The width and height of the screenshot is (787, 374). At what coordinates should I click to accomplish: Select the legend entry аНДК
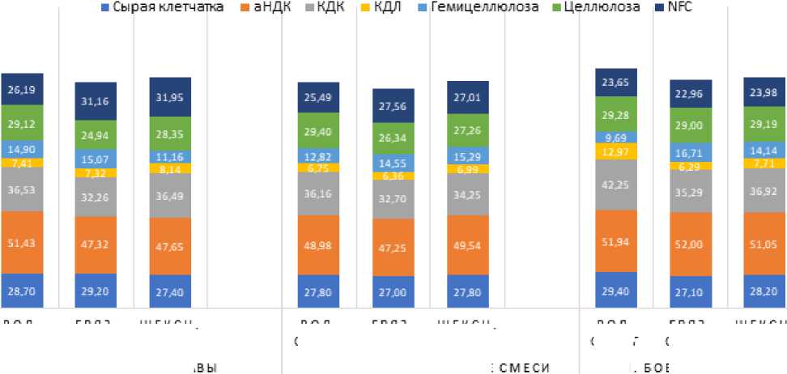coord(268,7)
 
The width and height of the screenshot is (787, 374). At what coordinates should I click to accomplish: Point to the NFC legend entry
coord(674,7)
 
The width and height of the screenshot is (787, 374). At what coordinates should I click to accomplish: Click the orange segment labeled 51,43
coord(22,244)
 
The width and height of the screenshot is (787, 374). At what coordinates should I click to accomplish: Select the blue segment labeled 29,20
coord(96,291)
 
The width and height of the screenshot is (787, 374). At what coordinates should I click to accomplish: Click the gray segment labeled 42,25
coord(617,185)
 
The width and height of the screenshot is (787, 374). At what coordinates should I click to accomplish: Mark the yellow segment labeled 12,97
coord(617,151)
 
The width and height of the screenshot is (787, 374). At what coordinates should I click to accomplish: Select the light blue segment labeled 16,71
coord(691,151)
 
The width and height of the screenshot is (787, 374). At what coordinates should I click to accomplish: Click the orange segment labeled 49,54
coord(467,244)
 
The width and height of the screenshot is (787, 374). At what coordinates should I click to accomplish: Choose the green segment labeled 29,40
coord(319,130)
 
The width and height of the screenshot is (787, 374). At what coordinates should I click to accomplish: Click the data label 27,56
coord(393,105)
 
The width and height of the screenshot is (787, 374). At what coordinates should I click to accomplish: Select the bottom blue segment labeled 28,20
coord(765,291)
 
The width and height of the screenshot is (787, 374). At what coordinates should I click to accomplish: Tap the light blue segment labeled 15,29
coord(467,155)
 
